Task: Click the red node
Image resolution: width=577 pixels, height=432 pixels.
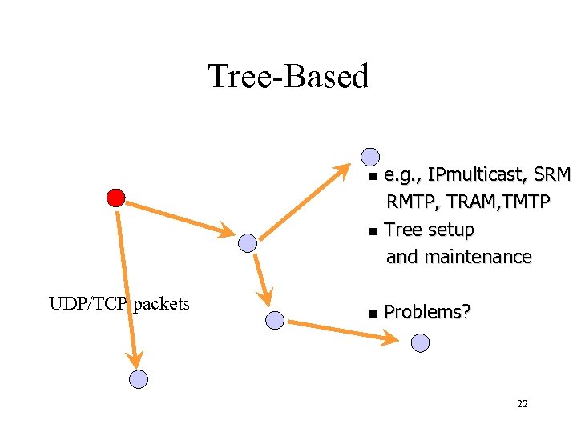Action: click(115, 198)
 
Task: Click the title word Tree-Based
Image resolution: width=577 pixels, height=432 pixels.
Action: click(288, 76)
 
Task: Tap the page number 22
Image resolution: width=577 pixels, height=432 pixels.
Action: click(523, 404)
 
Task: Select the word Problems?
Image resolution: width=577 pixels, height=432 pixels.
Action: click(427, 312)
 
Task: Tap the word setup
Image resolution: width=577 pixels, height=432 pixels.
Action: click(451, 230)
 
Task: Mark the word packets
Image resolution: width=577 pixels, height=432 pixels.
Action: click(162, 304)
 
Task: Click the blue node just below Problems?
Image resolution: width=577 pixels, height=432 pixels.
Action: click(420, 343)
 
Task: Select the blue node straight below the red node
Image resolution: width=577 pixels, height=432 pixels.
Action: click(139, 379)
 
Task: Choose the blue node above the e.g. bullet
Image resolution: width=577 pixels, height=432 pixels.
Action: click(369, 157)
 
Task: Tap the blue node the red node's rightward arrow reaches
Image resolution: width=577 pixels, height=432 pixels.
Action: click(248, 242)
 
